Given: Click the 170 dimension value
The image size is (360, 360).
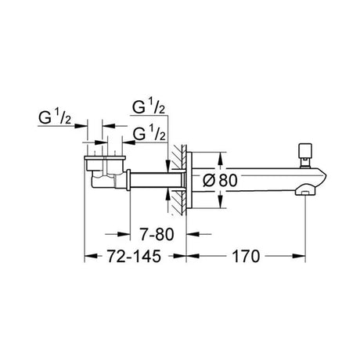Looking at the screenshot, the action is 246,256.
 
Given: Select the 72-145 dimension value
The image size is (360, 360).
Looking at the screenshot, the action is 134,256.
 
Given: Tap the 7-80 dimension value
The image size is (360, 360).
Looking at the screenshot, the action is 157,234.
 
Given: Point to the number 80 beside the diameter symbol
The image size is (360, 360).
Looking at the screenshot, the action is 228,180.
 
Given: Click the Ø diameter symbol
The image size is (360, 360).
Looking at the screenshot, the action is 209,180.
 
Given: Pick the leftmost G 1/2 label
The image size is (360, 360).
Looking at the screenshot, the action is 55,118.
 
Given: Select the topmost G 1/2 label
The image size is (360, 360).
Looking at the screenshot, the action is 149,107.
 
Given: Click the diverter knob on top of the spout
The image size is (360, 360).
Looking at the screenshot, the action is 305,155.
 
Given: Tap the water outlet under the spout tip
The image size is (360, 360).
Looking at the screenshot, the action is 304,193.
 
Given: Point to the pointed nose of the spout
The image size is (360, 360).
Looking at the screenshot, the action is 323,178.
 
